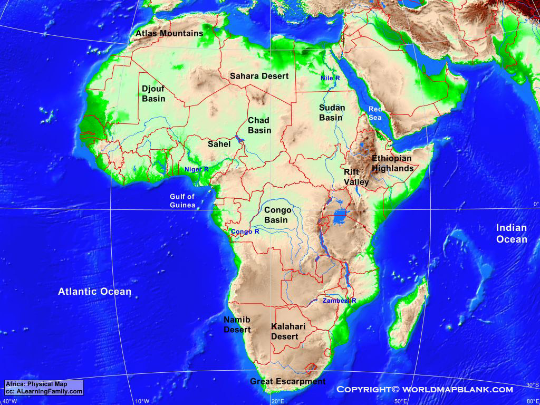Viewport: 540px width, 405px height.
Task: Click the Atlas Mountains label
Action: [169, 33]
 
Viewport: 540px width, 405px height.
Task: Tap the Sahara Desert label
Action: [259, 76]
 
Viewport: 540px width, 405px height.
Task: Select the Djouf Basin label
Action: [153, 94]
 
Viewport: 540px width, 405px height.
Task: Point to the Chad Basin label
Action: [259, 126]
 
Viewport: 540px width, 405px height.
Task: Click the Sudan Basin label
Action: [332, 112]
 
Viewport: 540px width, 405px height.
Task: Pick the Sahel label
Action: [219, 143]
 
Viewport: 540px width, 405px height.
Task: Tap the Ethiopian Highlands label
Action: [392, 163]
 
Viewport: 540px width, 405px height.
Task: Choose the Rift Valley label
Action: [356, 177]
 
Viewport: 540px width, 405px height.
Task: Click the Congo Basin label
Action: [277, 215]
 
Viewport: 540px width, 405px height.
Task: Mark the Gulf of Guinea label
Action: [182, 201]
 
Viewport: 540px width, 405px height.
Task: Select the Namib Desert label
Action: [237, 325]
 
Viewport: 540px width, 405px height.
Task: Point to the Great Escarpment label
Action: [287, 381]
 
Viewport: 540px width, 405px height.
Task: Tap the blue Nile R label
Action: [330, 78]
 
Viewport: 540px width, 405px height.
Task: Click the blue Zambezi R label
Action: [339, 301]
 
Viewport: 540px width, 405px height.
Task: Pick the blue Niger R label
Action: [196, 169]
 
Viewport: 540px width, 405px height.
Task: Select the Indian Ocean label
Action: [511, 234]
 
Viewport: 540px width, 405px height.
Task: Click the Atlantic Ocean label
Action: [94, 292]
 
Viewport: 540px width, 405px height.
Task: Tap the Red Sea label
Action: [374, 113]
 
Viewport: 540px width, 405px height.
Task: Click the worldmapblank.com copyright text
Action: [425, 390]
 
